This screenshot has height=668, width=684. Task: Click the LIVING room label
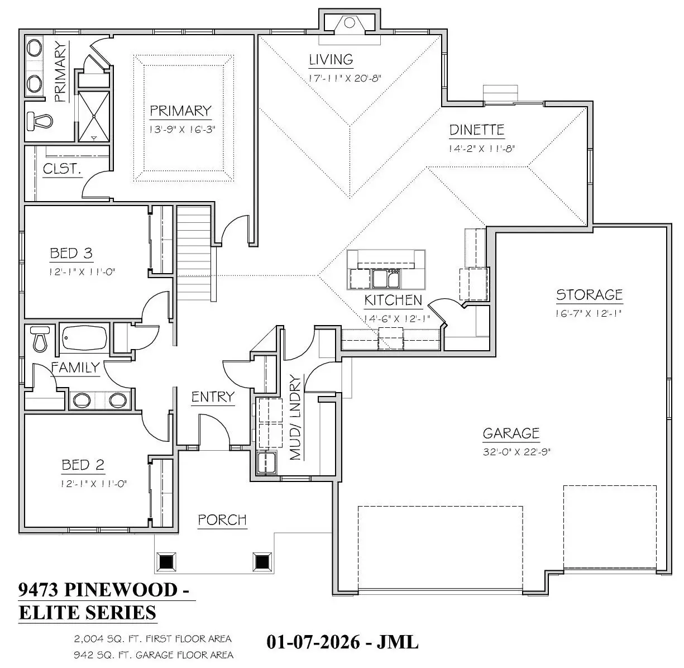click(331, 60)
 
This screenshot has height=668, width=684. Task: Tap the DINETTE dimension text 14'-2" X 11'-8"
click(481, 149)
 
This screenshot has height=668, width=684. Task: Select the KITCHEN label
click(393, 300)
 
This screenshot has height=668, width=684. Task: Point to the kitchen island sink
click(386, 278)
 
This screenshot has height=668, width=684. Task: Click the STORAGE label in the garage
click(589, 294)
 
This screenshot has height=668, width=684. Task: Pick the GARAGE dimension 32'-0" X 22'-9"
click(516, 451)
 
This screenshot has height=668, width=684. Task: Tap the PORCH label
click(222, 519)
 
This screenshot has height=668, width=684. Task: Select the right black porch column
click(262, 561)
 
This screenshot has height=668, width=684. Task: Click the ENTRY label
click(213, 397)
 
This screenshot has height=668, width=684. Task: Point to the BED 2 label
click(83, 465)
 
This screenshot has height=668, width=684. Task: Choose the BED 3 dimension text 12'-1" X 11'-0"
click(82, 272)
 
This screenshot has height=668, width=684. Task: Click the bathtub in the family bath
click(84, 337)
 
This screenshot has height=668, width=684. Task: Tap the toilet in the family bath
click(40, 339)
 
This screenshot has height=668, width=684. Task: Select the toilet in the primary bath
click(40, 121)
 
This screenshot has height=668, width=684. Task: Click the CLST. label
click(62, 169)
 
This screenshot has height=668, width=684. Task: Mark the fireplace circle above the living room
click(349, 23)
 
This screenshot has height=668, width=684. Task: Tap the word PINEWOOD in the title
click(121, 590)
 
